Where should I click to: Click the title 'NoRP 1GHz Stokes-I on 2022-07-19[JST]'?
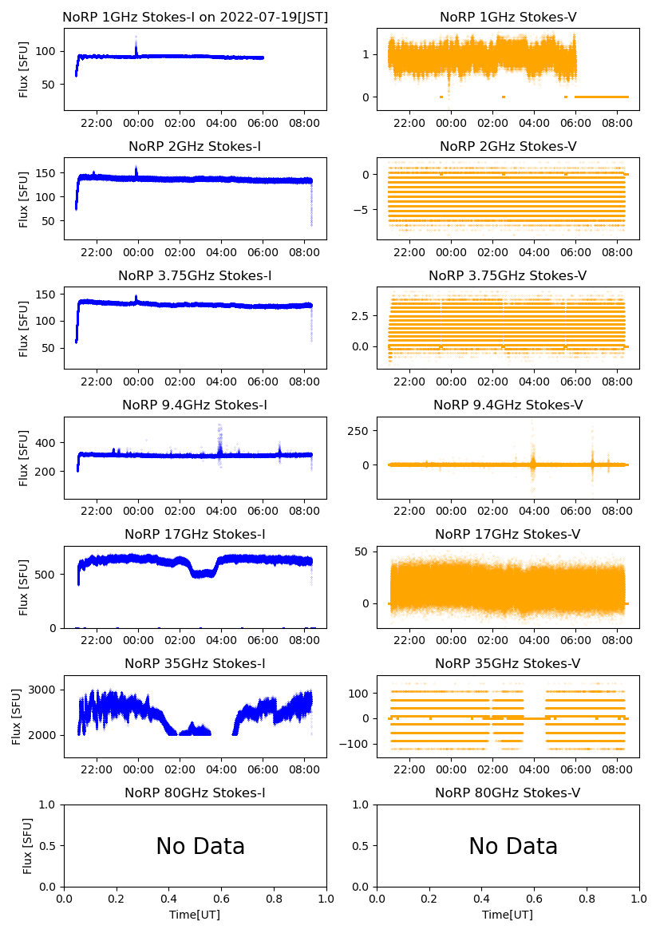click(195, 17)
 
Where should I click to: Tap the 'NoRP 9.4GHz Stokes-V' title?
click(508, 405)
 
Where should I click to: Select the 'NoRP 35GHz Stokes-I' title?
click(195, 663)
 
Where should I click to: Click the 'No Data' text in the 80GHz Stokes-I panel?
click(200, 846)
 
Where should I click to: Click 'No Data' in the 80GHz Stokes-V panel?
click(513, 846)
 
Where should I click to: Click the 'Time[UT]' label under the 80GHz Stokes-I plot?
click(195, 915)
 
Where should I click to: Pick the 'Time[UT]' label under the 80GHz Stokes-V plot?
click(508, 915)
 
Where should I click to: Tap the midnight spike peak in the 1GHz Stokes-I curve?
click(136, 38)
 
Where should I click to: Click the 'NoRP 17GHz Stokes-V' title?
click(508, 534)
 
